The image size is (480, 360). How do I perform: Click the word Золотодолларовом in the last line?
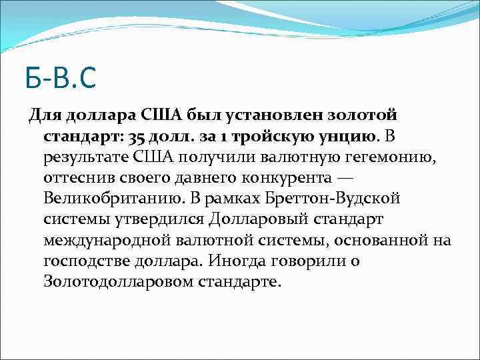coord(119,281)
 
